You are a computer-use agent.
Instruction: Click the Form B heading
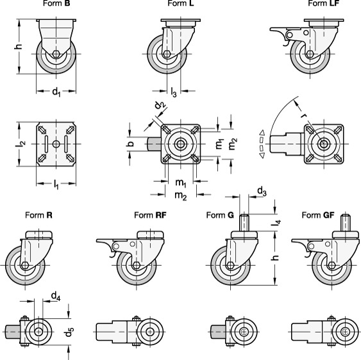coord(56,3)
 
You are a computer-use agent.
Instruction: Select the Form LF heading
coord(323,3)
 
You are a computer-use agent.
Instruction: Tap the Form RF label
coord(150,215)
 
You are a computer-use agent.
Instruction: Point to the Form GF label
coord(318,215)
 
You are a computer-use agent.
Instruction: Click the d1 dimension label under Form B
coord(56,92)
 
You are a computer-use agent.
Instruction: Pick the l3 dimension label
coord(174,92)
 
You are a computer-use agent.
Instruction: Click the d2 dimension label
coord(160,105)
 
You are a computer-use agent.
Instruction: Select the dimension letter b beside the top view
coord(130,143)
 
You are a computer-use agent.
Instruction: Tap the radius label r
coord(304,115)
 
